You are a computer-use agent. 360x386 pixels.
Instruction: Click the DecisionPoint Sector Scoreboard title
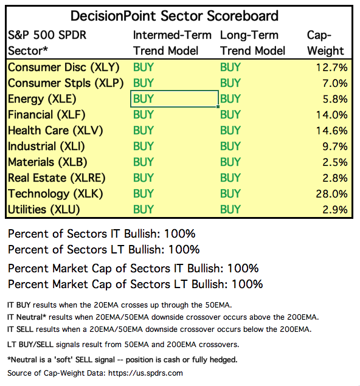pyautogui.click(x=175, y=16)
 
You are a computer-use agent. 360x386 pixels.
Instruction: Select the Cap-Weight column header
pyautogui.click(x=325, y=43)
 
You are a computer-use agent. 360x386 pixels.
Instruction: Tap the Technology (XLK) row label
pyautogui.click(x=55, y=194)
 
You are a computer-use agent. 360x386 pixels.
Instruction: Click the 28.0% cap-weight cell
pyautogui.click(x=331, y=194)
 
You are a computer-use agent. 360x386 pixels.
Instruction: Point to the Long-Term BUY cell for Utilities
pyautogui.click(x=230, y=210)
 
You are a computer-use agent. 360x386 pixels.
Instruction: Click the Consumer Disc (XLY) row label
pyautogui.click(x=63, y=67)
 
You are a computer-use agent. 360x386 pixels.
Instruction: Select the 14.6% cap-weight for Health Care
pyautogui.click(x=331, y=131)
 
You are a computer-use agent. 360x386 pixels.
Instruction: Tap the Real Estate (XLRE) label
pyautogui.click(x=57, y=178)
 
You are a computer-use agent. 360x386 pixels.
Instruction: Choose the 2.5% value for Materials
pyautogui.click(x=335, y=162)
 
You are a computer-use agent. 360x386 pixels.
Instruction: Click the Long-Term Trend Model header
pyautogui.click(x=252, y=43)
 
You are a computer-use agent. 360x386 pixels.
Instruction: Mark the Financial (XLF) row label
pyautogui.click(x=47, y=115)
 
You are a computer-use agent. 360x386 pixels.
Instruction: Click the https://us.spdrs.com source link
pyautogui.click(x=145, y=373)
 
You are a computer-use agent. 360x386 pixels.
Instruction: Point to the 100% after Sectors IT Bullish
pyautogui.click(x=180, y=234)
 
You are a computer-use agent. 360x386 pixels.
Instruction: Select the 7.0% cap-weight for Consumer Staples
pyautogui.click(x=335, y=83)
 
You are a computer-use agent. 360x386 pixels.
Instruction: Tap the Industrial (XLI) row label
pyautogui.click(x=46, y=146)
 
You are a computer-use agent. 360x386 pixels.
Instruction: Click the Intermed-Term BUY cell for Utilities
pyautogui.click(x=144, y=210)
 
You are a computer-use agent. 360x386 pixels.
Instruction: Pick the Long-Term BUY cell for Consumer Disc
pyautogui.click(x=230, y=67)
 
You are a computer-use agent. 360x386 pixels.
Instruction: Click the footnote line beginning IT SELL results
pyautogui.click(x=159, y=329)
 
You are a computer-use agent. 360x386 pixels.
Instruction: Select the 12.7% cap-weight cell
pyautogui.click(x=331, y=67)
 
